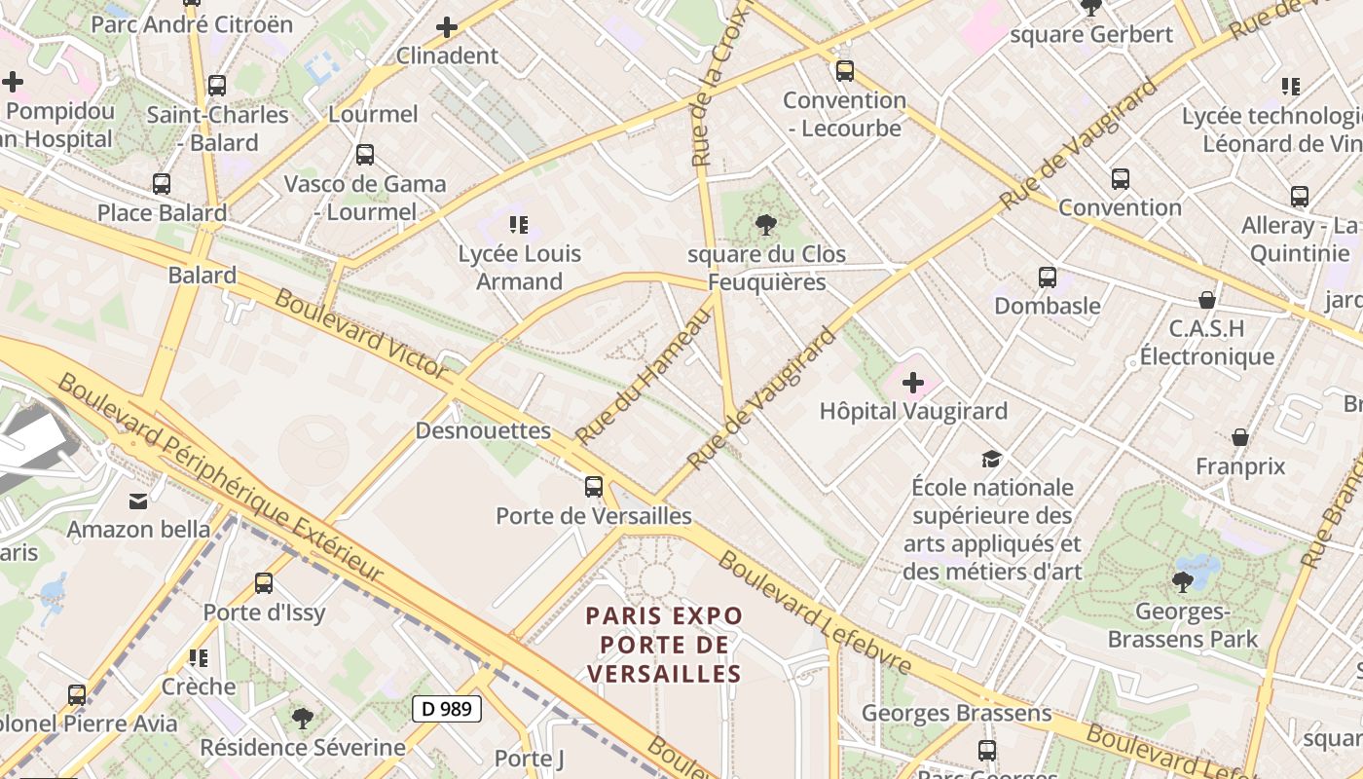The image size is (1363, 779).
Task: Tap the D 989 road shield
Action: (x=448, y=709)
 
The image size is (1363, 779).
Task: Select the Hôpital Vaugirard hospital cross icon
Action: (x=912, y=383)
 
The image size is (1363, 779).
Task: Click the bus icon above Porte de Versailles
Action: (x=593, y=487)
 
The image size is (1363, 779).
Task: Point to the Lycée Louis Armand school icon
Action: (x=519, y=225)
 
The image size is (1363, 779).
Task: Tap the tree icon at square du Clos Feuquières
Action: (x=766, y=226)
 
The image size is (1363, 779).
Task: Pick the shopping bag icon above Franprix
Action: (x=1240, y=437)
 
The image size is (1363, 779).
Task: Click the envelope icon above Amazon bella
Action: (x=138, y=501)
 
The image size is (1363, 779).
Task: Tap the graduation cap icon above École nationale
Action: (x=991, y=458)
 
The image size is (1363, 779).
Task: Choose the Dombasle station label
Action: (x=1047, y=306)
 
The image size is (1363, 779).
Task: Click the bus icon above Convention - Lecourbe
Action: (x=844, y=71)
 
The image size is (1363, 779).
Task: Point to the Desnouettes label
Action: (x=483, y=430)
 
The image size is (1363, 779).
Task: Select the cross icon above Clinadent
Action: (x=447, y=27)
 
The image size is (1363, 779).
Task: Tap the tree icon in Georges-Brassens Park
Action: (x=1183, y=582)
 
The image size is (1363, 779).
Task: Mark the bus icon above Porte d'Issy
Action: (x=264, y=583)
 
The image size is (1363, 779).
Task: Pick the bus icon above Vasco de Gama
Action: (x=365, y=155)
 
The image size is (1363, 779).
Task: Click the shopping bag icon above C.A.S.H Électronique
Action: (x=1207, y=300)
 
